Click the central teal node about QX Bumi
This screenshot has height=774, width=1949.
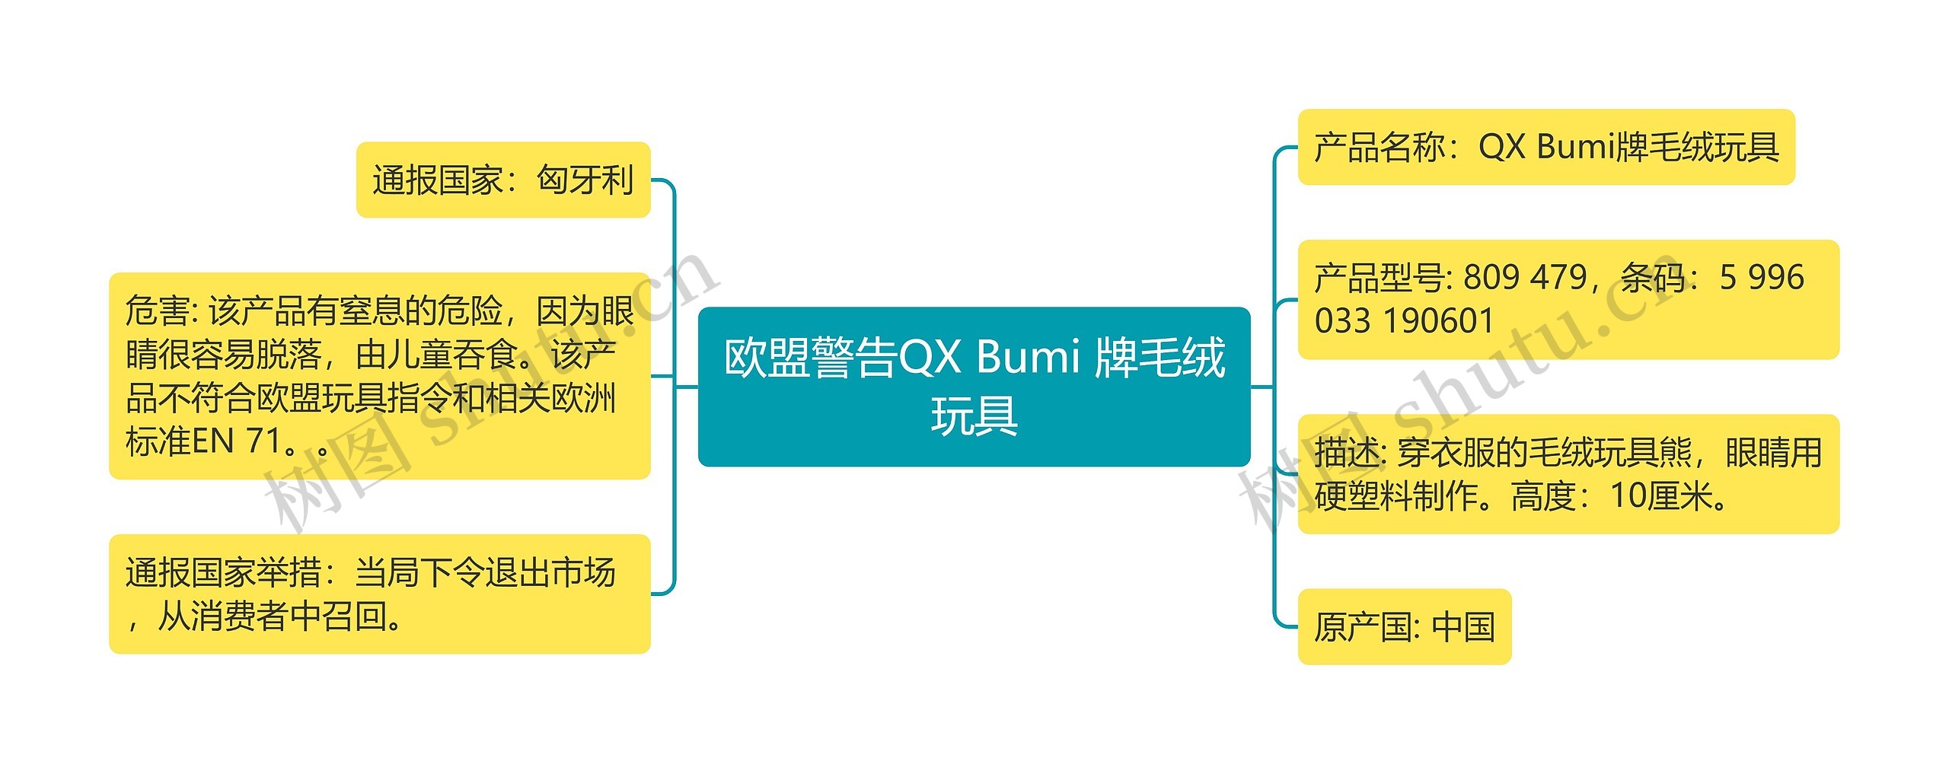click(974, 386)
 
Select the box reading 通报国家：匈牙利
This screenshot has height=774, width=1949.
click(503, 180)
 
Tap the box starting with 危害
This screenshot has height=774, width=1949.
click(379, 375)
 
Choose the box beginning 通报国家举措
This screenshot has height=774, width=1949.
click(379, 594)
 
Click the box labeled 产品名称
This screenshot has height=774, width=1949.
click(1545, 147)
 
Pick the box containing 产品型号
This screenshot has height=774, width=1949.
click(1568, 299)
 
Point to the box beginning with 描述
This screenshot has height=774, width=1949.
click(1568, 473)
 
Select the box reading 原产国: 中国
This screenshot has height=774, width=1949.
click(1404, 626)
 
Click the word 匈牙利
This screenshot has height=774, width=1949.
click(585, 180)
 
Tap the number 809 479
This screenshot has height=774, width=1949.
click(1525, 278)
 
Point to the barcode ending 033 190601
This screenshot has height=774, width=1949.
click(1404, 321)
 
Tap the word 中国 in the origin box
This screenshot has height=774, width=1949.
click(1463, 627)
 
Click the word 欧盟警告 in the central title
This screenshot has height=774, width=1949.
click(810, 357)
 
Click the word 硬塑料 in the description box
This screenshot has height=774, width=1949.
click(1363, 496)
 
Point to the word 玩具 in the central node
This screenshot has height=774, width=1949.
click(974, 416)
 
